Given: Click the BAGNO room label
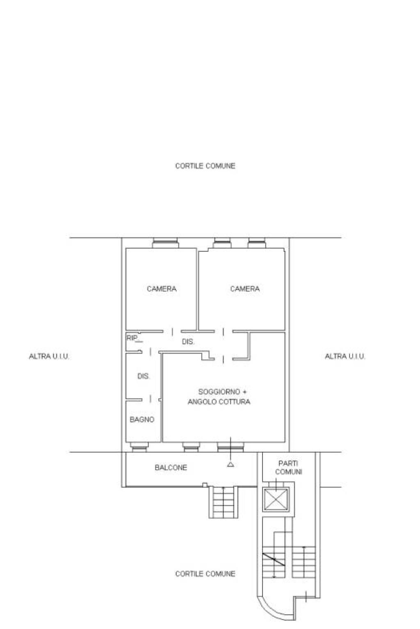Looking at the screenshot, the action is pos(142,419).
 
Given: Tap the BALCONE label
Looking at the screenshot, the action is pos(171,467).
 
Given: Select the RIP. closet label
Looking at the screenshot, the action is pos(132,338).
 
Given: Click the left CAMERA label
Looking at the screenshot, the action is pos(162,289).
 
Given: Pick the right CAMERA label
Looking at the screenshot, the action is pos(245,289).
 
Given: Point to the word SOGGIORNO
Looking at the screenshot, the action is pos(219,391).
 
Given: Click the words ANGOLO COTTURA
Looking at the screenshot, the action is pos(219,402).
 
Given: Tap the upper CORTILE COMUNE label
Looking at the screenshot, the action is pos(205,166).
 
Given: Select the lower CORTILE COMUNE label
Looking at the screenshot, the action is pos(205,574).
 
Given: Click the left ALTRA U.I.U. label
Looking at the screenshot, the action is pos(49,356).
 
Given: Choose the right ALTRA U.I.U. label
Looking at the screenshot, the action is pos(345,356).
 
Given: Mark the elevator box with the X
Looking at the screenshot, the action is pos(276,499).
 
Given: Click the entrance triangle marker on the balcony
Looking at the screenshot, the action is pos(231,464).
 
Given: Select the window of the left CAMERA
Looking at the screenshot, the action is pos(165,243).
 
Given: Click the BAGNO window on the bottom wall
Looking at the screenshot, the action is pos(139,447).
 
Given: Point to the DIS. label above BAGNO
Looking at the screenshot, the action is pos(143,376).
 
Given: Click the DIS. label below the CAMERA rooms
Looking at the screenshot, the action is pos(188,342).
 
